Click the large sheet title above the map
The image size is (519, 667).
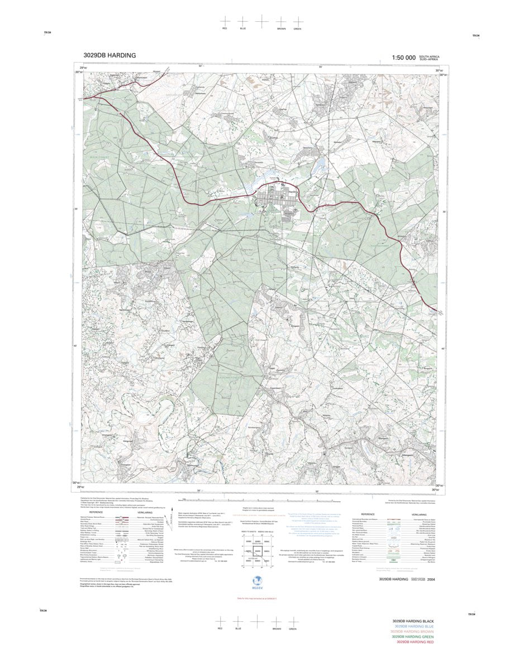(109, 55)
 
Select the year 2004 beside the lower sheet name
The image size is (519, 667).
(430, 580)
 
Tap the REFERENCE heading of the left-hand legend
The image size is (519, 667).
(96, 512)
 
